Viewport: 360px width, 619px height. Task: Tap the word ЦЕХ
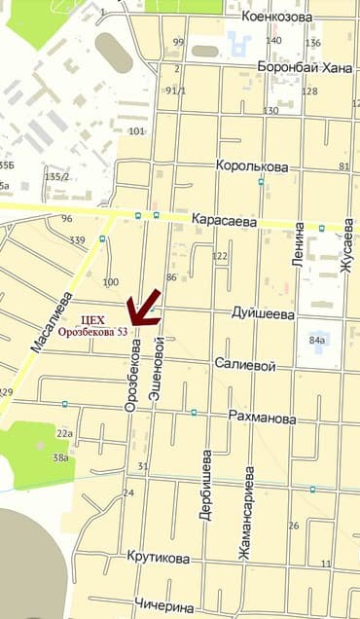click(x=93, y=318)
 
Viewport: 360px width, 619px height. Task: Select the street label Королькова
click(x=253, y=166)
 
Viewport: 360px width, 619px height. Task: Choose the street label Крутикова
click(x=158, y=557)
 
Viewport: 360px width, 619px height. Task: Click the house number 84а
click(x=316, y=342)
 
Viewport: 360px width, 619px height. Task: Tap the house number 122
click(x=220, y=256)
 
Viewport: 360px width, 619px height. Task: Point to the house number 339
click(x=78, y=240)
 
